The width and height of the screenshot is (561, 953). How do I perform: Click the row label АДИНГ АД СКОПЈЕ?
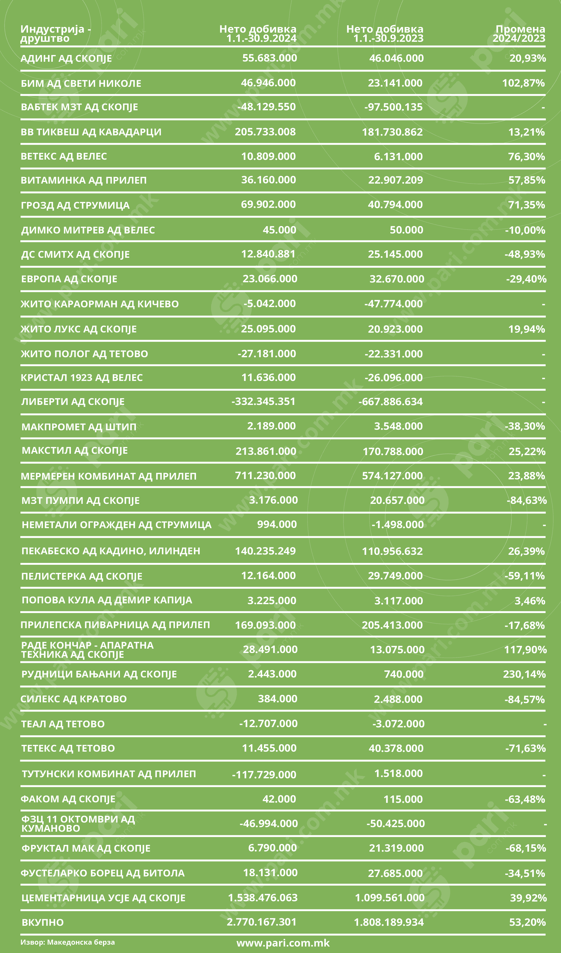(66, 59)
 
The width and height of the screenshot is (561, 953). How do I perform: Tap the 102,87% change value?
(523, 83)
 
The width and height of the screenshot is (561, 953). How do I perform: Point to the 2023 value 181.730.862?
(392, 132)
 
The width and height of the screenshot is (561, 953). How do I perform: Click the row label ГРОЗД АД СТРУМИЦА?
(75, 205)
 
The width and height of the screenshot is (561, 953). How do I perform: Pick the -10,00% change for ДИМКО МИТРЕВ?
(525, 230)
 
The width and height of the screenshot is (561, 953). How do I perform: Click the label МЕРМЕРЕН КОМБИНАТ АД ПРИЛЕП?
(109, 476)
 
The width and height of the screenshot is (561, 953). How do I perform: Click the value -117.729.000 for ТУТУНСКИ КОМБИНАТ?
(264, 775)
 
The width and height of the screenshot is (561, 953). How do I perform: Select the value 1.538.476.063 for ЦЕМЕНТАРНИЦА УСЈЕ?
(263, 898)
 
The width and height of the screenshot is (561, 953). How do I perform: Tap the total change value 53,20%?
(527, 922)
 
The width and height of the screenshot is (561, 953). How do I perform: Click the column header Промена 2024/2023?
(519, 34)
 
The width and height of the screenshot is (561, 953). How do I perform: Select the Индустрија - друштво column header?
(56, 34)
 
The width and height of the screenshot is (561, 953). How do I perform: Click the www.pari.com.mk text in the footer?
(283, 943)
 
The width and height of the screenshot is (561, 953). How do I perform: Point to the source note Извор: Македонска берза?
(67, 942)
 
